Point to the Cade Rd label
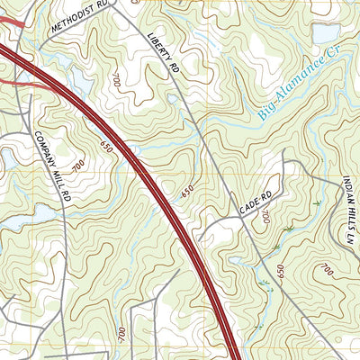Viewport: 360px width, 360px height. pos(255,203)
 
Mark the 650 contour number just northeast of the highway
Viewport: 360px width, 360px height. pos(186,191)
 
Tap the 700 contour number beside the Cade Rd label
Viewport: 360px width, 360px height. pos(265,216)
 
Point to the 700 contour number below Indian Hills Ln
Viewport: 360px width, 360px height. pos(325,270)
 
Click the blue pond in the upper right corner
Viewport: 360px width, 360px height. pos(325,33)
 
